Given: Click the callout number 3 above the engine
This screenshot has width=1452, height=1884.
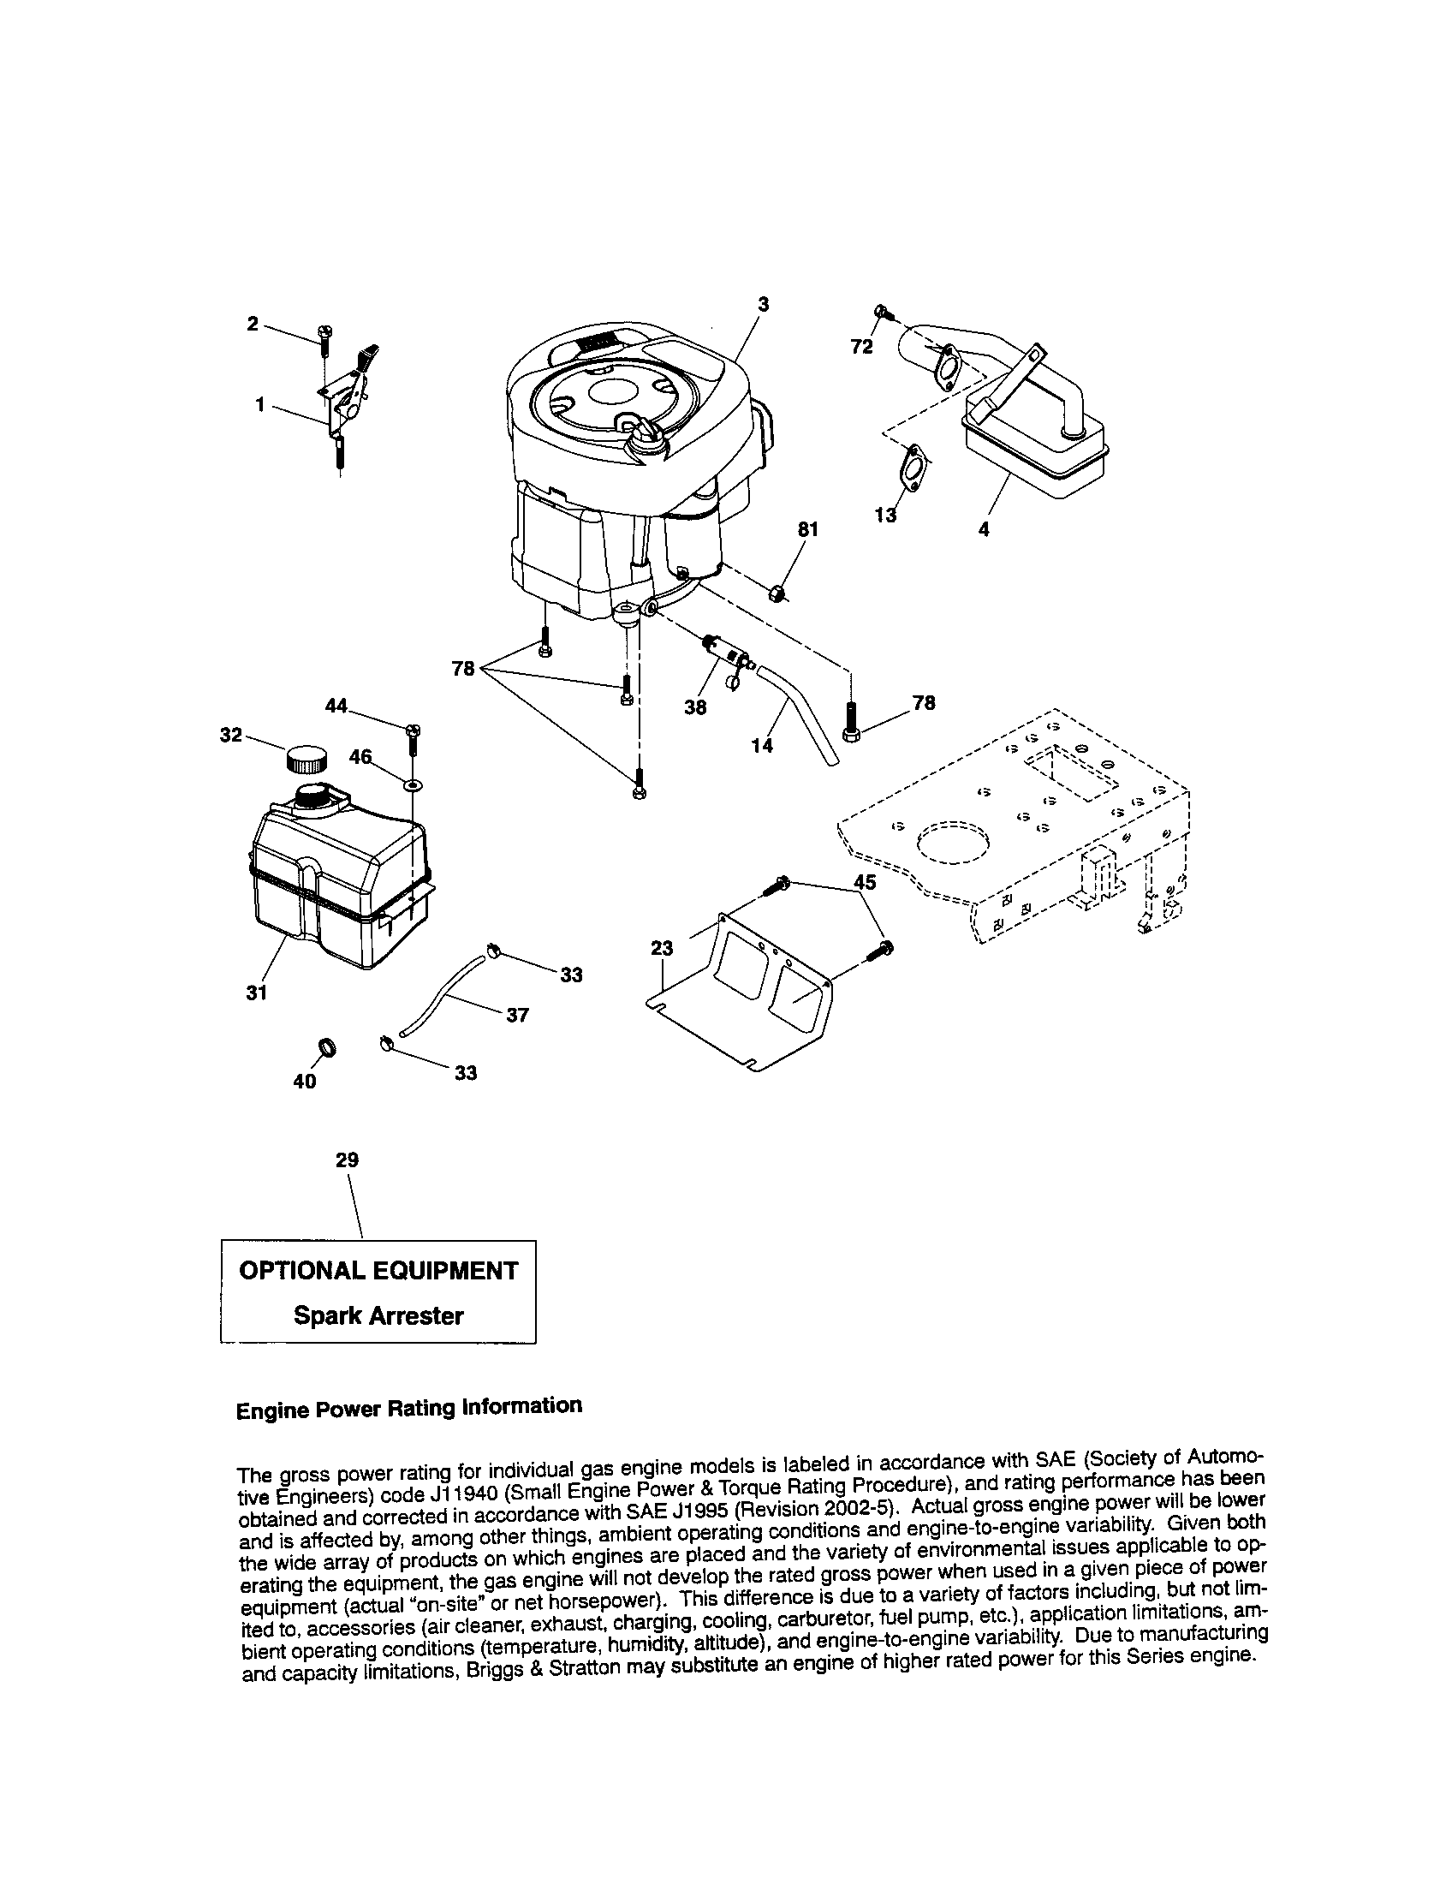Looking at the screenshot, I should click(763, 304).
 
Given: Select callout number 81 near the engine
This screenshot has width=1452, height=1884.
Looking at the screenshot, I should click(806, 528).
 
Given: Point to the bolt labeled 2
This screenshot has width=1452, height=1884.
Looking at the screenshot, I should click(326, 337).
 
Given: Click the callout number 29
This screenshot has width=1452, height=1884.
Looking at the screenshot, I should click(347, 1160).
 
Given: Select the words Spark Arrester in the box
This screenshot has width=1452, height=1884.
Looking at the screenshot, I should click(378, 1315).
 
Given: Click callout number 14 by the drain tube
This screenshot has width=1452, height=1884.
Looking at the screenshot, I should click(761, 745).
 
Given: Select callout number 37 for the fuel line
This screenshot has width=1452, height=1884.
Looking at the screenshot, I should click(516, 1016).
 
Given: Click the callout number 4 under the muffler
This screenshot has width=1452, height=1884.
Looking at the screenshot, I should click(984, 529).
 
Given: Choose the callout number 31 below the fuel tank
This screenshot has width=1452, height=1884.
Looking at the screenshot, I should click(256, 993).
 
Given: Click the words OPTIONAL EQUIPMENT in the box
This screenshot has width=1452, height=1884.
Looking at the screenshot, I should click(378, 1271).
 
